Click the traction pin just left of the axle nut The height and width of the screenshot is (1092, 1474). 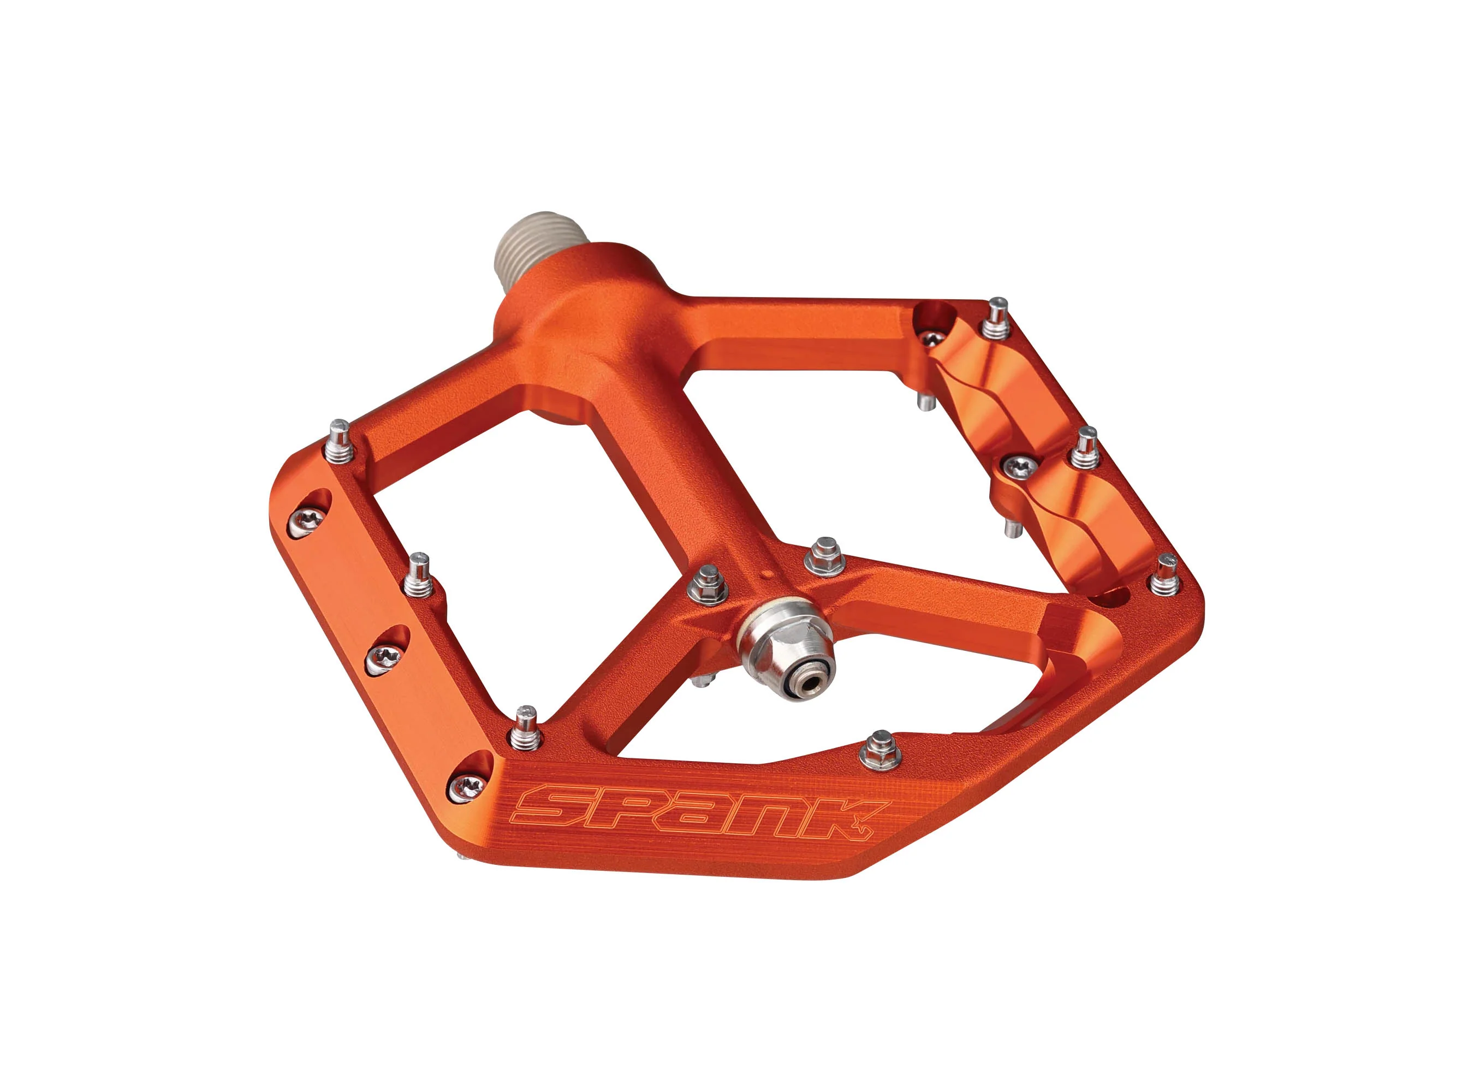(x=708, y=584)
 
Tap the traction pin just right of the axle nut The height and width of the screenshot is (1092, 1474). (x=824, y=556)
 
